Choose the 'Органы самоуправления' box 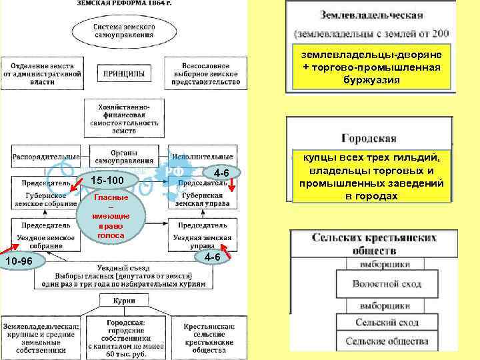123,156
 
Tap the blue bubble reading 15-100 108,181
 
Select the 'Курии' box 120,301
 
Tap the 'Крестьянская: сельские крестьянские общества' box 209,337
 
